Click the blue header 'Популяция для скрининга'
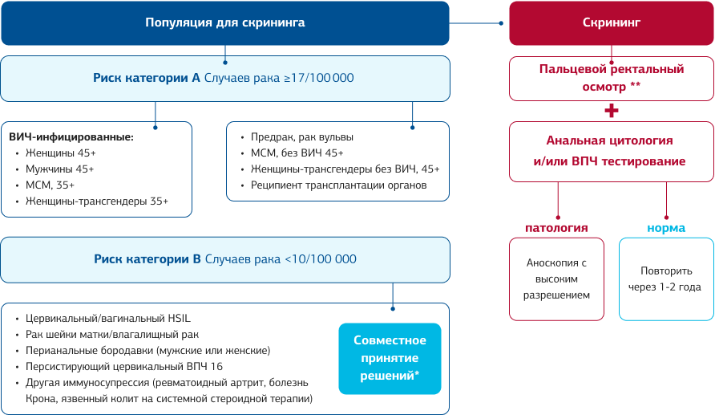[224, 22]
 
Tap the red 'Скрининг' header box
[611, 22]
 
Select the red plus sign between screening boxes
[612, 110]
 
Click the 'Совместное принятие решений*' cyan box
[390, 358]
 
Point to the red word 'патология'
[556, 228]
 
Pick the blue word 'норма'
[666, 228]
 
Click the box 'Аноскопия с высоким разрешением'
[556, 279]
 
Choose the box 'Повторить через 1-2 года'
[666, 279]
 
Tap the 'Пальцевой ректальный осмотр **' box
[611, 77]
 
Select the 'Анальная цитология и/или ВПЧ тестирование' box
[611, 151]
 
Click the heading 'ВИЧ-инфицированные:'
[71, 137]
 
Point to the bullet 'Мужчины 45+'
[60, 169]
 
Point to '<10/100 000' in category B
[321, 259]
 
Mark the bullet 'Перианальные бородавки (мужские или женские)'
[147, 350]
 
